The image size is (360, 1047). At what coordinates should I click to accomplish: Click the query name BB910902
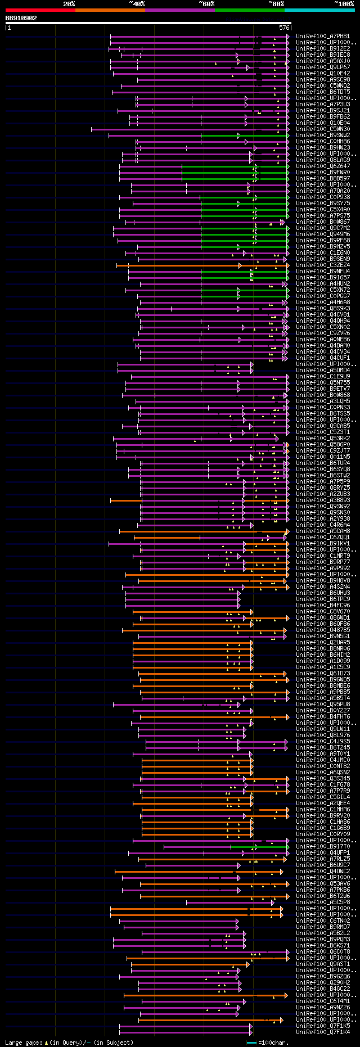pos(21,18)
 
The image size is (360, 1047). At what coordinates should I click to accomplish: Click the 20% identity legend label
pos(69,4)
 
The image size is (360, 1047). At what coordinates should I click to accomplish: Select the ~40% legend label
pos(137,4)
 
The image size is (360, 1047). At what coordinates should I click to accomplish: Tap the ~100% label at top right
pos(344,4)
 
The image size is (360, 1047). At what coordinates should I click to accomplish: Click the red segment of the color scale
pos(40,10)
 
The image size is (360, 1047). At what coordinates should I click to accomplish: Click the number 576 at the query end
pos(284,28)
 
